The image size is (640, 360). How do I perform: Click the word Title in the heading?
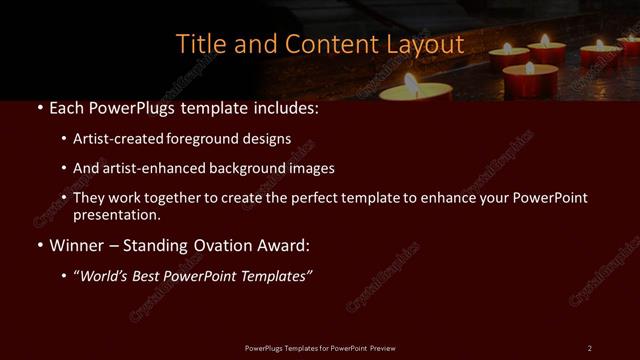pos(198,44)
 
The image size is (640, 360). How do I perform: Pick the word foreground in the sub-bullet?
pos(191,139)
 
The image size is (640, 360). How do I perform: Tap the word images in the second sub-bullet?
pos(312,168)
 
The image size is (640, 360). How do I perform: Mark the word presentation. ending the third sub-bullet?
pos(117,214)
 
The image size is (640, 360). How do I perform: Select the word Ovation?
pos(217,244)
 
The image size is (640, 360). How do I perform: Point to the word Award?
pos(282,244)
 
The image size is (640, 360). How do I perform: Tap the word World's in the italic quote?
pos(107,276)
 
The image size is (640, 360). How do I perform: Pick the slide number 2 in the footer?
pos(589,347)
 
